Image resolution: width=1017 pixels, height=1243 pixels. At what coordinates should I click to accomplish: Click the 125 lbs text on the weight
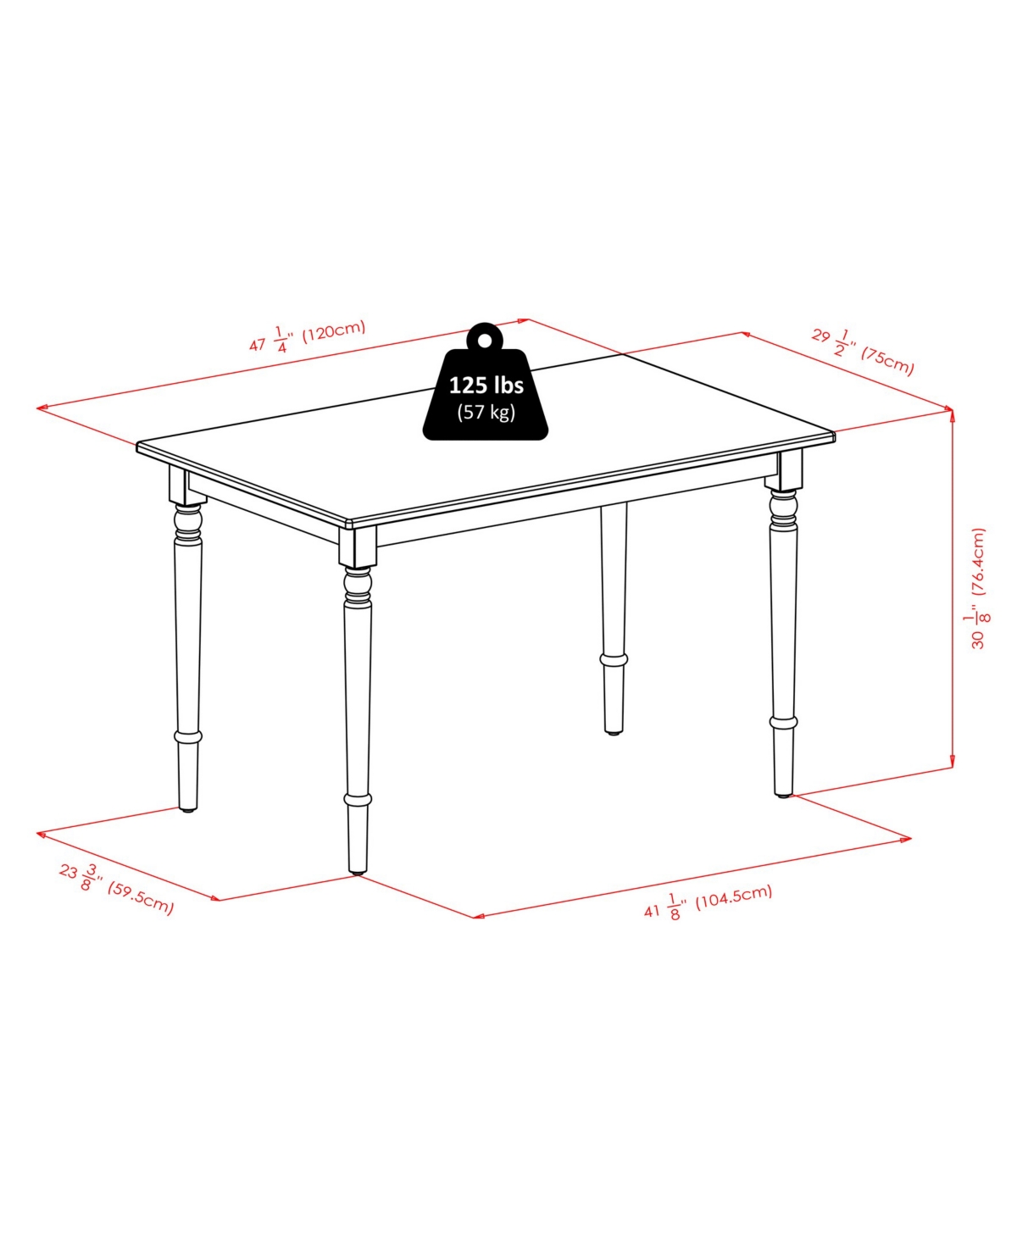[486, 386]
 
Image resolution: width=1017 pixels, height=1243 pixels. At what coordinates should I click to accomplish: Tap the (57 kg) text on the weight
[486, 412]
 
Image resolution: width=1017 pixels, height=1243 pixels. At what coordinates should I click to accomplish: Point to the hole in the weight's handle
[484, 341]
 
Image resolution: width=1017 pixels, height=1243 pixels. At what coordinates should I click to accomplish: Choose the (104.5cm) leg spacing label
[733, 897]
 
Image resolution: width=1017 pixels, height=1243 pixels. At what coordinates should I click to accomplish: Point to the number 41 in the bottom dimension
[651, 911]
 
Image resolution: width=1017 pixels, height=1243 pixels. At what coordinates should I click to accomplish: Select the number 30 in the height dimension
[978, 640]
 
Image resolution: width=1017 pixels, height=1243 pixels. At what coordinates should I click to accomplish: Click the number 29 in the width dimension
[820, 336]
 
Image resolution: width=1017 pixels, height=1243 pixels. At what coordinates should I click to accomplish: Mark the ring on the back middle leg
[614, 658]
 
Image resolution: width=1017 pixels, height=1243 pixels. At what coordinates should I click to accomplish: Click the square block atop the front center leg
[358, 547]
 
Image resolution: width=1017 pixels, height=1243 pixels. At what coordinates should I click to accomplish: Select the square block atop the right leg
[784, 471]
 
